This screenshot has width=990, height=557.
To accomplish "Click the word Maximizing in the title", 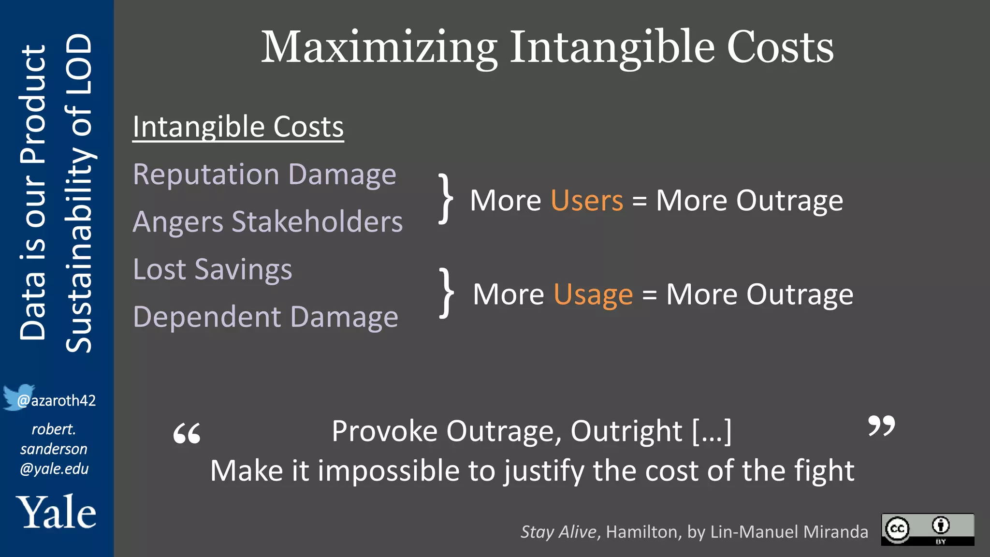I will (379, 47).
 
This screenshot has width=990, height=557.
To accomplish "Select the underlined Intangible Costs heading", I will (238, 127).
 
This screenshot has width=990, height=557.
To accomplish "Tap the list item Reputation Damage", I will (264, 174).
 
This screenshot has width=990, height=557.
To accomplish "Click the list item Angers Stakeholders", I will (267, 222).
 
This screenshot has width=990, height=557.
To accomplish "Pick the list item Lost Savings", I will (212, 269).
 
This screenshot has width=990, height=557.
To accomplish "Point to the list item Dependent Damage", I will (265, 317).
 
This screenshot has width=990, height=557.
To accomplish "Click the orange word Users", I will (587, 200).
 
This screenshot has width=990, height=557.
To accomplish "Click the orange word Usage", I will (593, 294).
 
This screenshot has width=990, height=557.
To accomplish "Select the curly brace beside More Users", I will (446, 199).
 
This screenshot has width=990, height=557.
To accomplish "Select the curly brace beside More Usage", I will (446, 293).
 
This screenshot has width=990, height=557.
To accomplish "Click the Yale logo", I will (56, 512).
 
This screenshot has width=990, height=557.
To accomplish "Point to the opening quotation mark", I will (187, 433).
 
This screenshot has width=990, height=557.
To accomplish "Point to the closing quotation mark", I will (881, 425).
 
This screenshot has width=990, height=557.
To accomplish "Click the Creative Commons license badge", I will (927, 529).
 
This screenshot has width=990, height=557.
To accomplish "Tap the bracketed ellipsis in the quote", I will (712, 431).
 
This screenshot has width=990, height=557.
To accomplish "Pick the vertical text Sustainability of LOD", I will (78, 193).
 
